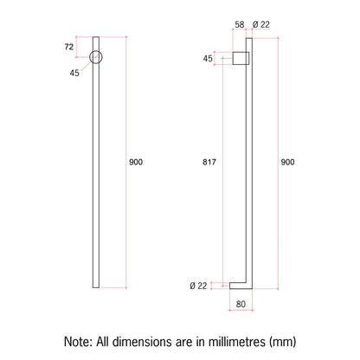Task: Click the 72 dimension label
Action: click(x=69, y=47)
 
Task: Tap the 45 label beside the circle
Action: click(x=74, y=73)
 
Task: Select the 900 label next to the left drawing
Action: click(x=136, y=162)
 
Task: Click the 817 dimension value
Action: click(x=209, y=162)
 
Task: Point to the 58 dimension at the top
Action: click(x=240, y=24)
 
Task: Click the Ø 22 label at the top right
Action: click(x=261, y=24)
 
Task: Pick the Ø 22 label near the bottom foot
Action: click(x=198, y=286)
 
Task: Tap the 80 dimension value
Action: click(x=241, y=304)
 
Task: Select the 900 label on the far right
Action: click(x=287, y=162)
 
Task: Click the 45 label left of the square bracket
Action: click(x=208, y=59)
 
